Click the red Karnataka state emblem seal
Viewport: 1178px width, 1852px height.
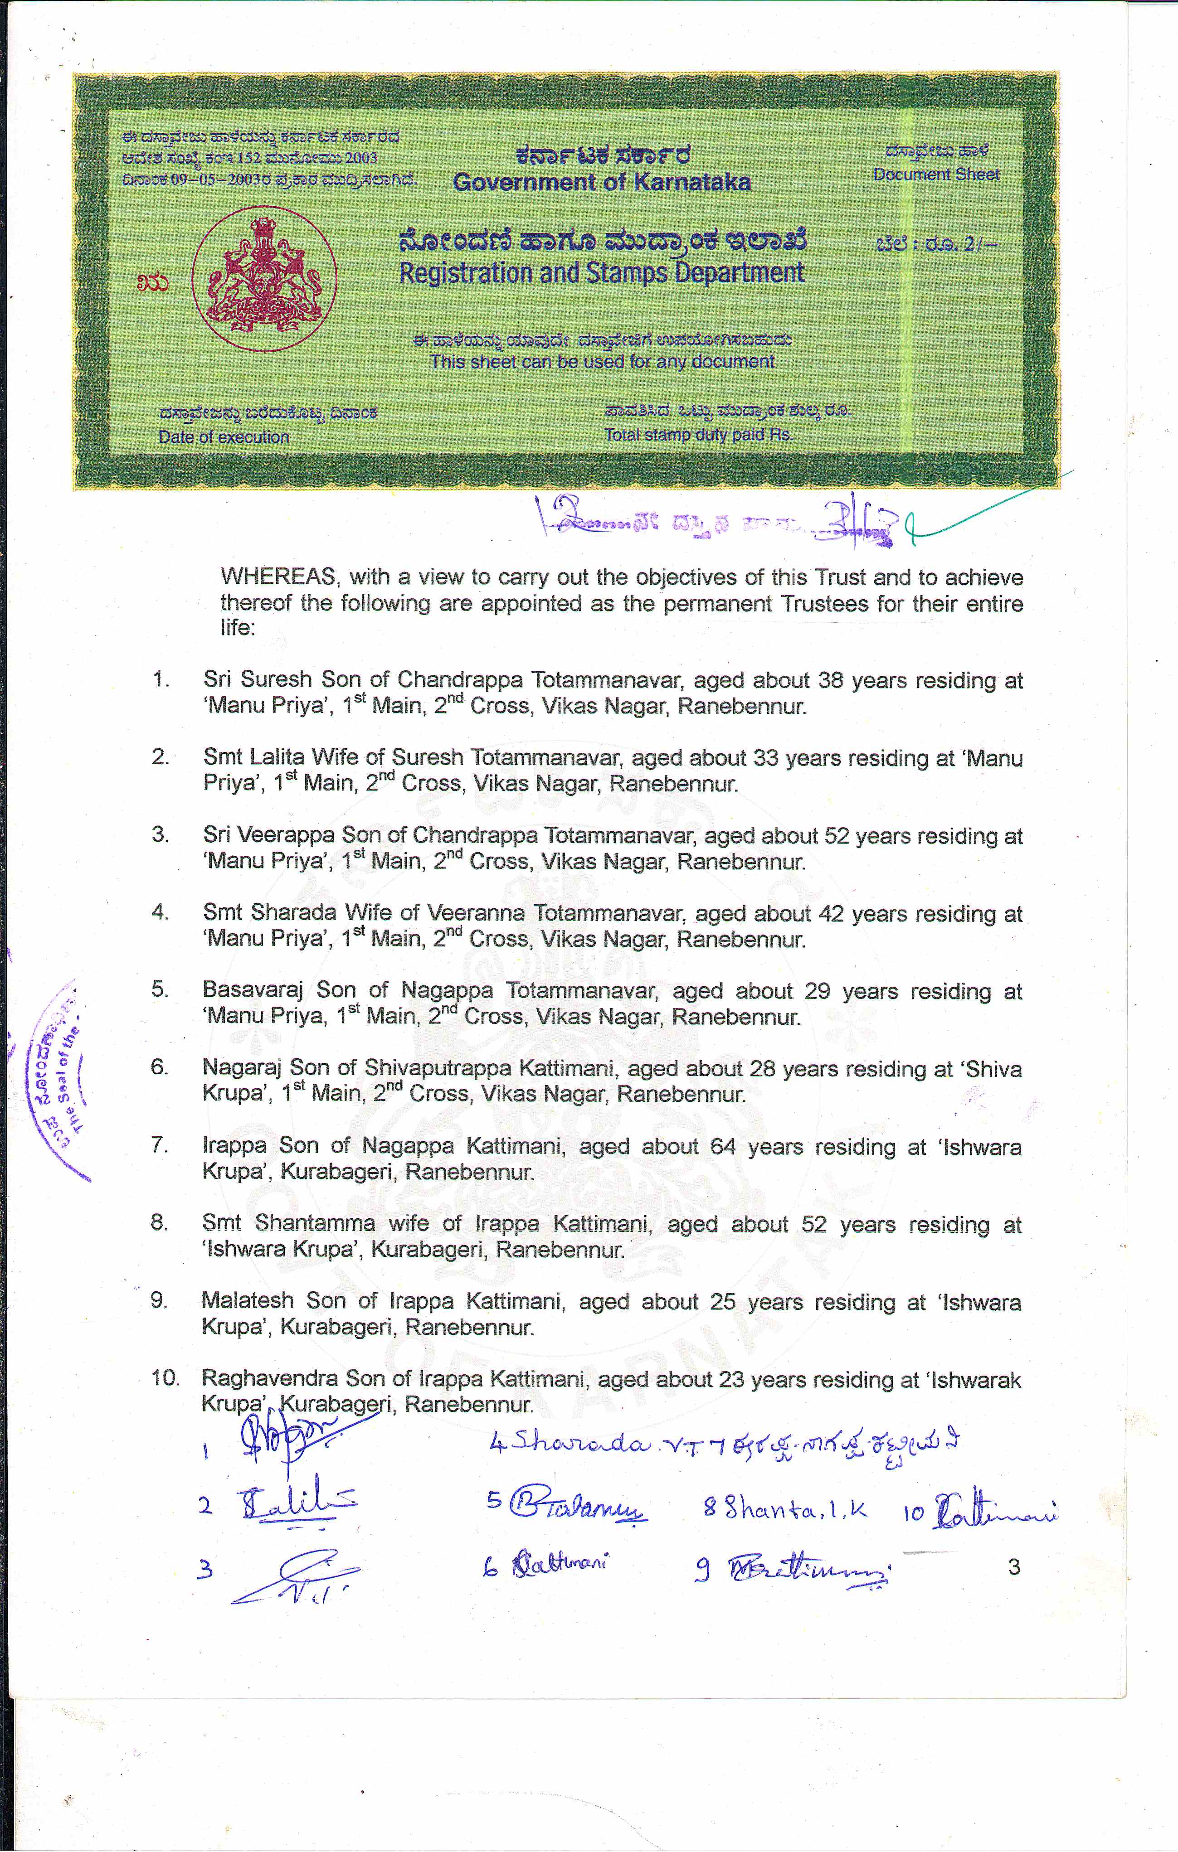click(264, 278)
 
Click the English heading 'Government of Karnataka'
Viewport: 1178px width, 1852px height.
click(602, 182)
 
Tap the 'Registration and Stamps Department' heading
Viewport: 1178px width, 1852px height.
click(602, 273)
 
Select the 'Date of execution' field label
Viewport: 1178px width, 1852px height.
click(224, 437)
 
